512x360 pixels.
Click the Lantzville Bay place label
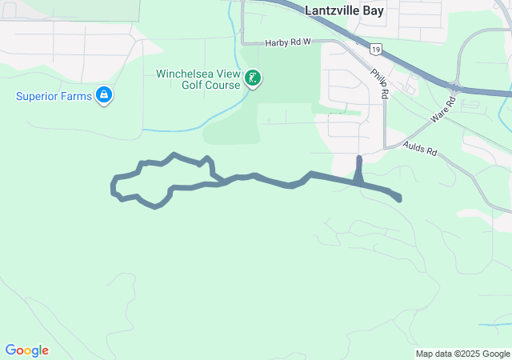(x=345, y=10)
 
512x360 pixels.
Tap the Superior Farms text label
(x=54, y=97)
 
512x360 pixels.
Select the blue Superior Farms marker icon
(x=103, y=96)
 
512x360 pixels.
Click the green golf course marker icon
(x=253, y=78)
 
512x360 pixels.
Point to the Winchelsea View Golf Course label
(x=198, y=79)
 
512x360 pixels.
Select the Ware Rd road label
(x=442, y=111)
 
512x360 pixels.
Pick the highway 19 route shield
(x=375, y=50)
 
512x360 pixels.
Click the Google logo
(x=26, y=350)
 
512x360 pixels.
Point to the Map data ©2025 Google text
(x=462, y=354)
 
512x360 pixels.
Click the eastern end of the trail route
(x=398, y=198)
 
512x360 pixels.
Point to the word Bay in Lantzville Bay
(x=374, y=10)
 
